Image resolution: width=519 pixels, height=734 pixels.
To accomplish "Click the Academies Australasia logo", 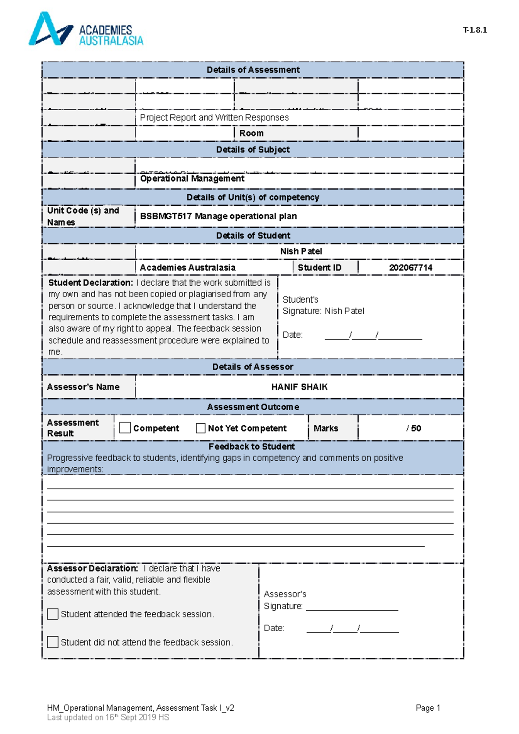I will (x=85, y=29).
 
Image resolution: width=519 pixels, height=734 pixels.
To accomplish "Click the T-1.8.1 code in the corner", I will (x=474, y=30).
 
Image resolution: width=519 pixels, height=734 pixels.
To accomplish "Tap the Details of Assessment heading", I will (x=253, y=70).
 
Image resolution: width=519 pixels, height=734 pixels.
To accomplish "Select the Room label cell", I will (x=251, y=133).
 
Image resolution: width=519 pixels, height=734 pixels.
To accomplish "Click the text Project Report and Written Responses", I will (x=214, y=118).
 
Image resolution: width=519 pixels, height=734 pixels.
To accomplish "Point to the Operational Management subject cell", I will (x=192, y=179).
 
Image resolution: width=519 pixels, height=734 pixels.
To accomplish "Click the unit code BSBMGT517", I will (x=166, y=216).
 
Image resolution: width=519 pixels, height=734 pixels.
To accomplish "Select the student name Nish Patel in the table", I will (x=301, y=251).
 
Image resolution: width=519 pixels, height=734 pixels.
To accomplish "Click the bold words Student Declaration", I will (x=90, y=283).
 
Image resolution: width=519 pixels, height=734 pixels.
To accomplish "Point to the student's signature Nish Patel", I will (x=344, y=311).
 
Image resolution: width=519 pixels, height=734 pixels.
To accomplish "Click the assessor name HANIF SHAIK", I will (x=299, y=387).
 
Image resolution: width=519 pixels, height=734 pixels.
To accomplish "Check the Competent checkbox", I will (x=125, y=428).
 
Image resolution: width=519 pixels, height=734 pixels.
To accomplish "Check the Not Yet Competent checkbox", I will (x=201, y=428).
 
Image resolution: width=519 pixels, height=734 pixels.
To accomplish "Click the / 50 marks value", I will (x=413, y=428).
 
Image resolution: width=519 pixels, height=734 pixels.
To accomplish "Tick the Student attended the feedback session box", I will (x=53, y=614).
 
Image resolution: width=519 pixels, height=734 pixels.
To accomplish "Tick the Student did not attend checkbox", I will (x=53, y=642).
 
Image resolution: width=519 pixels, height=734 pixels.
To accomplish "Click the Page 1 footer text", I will (x=427, y=708).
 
